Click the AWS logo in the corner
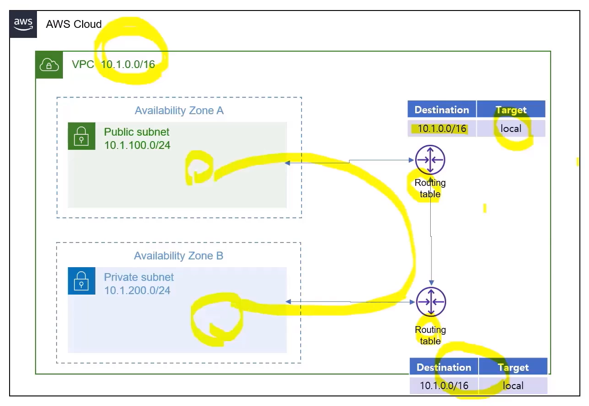click(x=23, y=24)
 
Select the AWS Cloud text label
click(x=73, y=24)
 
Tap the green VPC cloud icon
click(x=49, y=65)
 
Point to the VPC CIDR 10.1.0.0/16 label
click(x=128, y=64)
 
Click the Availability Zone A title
click(x=179, y=111)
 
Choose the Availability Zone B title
click(x=178, y=256)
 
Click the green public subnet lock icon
click(x=81, y=136)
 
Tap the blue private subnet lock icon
click(x=81, y=281)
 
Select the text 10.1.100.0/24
click(x=137, y=146)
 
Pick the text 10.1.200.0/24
click(x=137, y=290)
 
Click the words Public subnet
click(x=136, y=132)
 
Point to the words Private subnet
click(x=139, y=277)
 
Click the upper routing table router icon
click(x=430, y=160)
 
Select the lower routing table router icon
click(x=430, y=302)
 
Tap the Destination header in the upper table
click(x=441, y=110)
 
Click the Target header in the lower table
click(x=513, y=368)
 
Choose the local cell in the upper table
click(x=511, y=129)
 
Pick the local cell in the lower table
click(x=513, y=386)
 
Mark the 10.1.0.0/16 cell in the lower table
click(x=444, y=386)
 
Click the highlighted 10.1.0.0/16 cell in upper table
click(x=442, y=129)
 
